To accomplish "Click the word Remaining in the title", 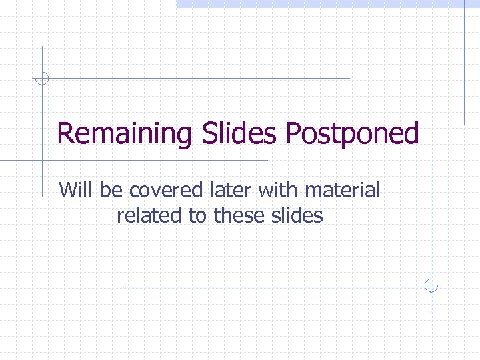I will click(124, 134).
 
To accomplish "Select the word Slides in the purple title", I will click(238, 134).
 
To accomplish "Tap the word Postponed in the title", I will click(353, 134).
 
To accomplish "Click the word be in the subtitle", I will click(111, 191).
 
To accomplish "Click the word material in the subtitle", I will click(342, 191).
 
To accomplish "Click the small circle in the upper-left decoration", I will click(42, 79).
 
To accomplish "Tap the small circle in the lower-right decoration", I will click(431, 287).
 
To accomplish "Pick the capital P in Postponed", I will click(294, 134).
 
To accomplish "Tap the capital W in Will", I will click(67, 191).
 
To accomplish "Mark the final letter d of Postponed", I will click(411, 134).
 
